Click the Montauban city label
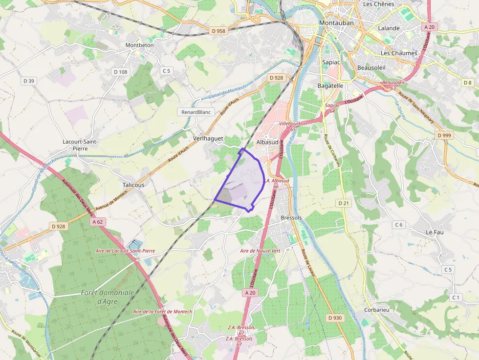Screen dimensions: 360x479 click(x=336, y=23)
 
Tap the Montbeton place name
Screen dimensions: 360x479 click(x=139, y=45)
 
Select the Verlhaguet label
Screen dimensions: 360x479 click(x=208, y=139)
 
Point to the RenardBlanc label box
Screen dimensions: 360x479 click(x=196, y=112)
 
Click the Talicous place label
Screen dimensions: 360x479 click(x=133, y=185)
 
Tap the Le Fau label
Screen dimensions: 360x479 click(x=435, y=232)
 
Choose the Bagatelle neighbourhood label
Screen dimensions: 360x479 click(x=330, y=85)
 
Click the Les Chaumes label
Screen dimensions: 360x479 click(x=399, y=53)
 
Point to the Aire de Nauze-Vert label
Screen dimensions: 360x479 click(x=260, y=251)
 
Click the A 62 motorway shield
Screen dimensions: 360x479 click(x=98, y=222)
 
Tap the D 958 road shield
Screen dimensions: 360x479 click(x=218, y=31)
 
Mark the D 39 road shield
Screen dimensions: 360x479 click(x=28, y=81)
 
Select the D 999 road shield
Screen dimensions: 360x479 click(x=445, y=135)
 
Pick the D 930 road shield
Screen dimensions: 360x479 click(x=335, y=318)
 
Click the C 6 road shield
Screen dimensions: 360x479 click(x=399, y=225)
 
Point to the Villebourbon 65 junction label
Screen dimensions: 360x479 click(x=293, y=126)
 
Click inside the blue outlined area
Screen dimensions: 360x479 click(x=242, y=183)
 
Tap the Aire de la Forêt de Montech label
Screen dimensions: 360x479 click(x=163, y=312)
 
